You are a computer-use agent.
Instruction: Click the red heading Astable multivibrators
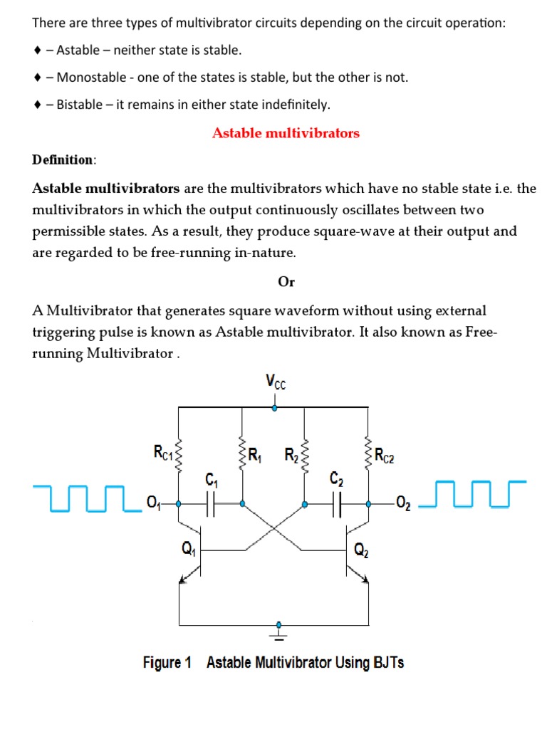tap(286, 133)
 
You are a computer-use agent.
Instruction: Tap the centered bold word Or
tap(286, 282)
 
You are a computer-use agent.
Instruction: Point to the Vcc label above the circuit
tap(276, 382)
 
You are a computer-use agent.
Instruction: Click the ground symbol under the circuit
tap(278, 629)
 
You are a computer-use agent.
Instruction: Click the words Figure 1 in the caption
tap(167, 663)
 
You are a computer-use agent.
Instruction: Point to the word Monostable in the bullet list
tap(89, 78)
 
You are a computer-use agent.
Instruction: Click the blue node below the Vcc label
tap(276, 408)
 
